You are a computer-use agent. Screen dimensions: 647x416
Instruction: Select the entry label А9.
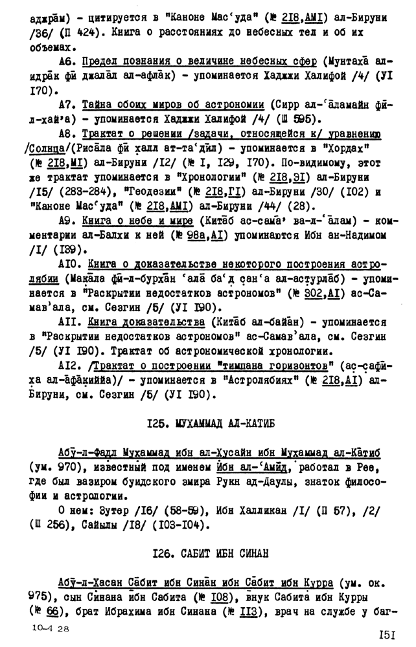[68, 221]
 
